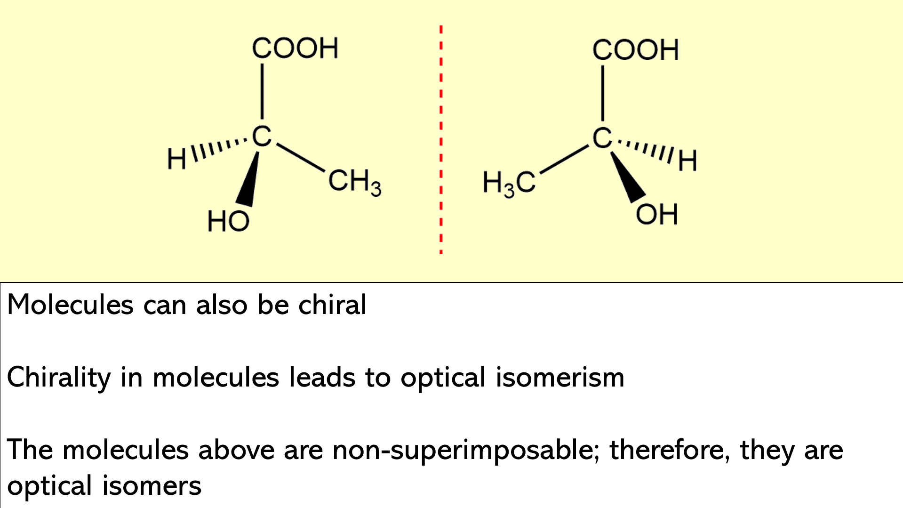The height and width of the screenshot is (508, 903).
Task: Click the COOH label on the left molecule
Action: pyautogui.click(x=295, y=48)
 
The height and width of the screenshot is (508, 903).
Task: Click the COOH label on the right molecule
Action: pyautogui.click(x=635, y=50)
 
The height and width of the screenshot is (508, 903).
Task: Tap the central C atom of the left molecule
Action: pyautogui.click(x=262, y=137)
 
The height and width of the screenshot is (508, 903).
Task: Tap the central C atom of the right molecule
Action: pyautogui.click(x=602, y=138)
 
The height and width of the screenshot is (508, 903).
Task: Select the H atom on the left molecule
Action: pyautogui.click(x=177, y=159)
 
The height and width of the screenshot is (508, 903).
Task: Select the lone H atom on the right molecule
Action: pyautogui.click(x=687, y=161)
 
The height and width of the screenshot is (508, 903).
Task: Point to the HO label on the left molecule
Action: pyautogui.click(x=228, y=221)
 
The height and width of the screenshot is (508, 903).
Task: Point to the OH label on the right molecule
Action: pyautogui.click(x=656, y=214)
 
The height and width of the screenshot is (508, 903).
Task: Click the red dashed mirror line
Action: pyautogui.click(x=441, y=140)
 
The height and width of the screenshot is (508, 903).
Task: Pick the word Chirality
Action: pyautogui.click(x=59, y=378)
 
